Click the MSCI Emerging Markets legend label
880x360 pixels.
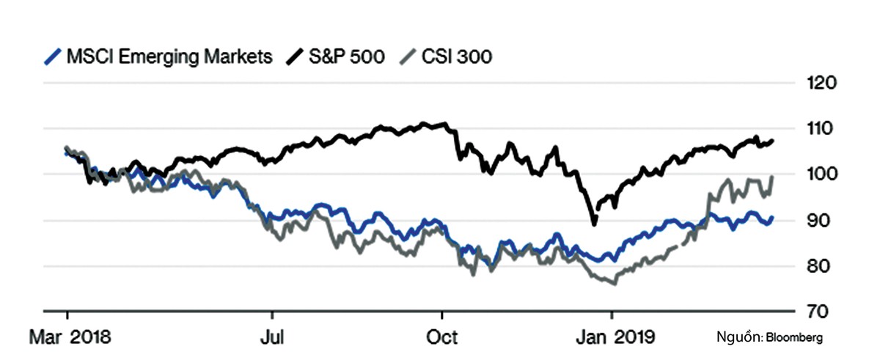tap(169, 56)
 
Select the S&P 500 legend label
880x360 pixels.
tap(344, 56)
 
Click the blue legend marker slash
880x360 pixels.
tap(52, 56)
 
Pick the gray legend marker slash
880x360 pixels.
tap(407, 56)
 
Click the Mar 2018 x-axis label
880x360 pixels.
tap(69, 338)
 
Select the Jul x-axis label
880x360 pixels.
tap(273, 338)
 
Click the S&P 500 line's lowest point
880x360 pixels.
tap(594, 224)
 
